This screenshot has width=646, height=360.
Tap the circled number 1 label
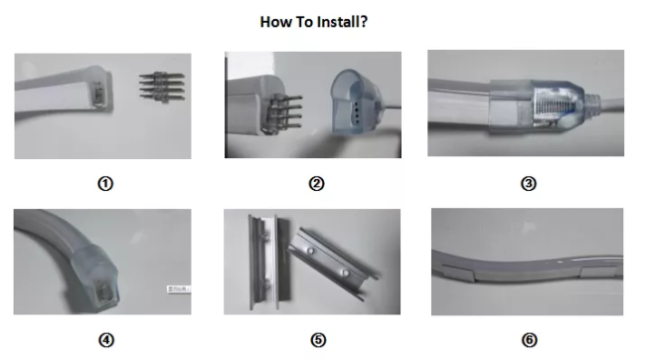[105, 184]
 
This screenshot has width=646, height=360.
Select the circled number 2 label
[316, 184]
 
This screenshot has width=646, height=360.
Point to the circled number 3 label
[529, 184]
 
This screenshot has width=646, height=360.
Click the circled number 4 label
[106, 340]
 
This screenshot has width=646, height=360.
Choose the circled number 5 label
[318, 340]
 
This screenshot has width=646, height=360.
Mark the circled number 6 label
[530, 340]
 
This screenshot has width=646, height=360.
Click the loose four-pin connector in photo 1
[162, 87]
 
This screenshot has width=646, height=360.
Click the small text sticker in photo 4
[179, 289]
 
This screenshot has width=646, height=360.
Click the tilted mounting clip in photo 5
[333, 263]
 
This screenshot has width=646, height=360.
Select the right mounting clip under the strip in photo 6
[599, 272]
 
